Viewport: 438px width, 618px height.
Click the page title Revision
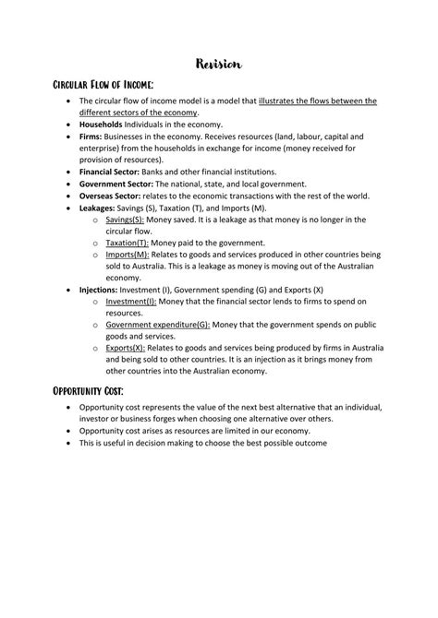pos(219,64)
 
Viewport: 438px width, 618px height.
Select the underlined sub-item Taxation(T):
pos(129,243)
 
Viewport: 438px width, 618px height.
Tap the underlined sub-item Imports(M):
pos(128,255)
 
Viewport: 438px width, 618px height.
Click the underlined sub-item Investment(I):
pos(131,302)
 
